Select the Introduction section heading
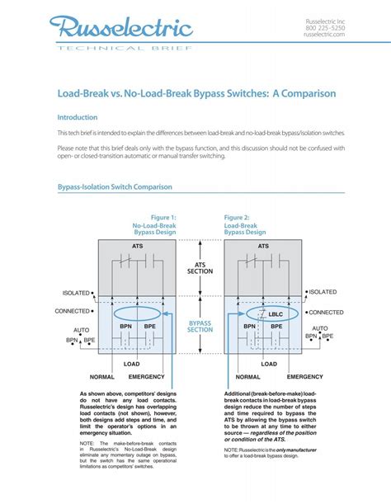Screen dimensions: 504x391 [x=77, y=117]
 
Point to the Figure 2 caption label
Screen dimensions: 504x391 [x=238, y=218]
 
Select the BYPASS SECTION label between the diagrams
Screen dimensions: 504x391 [x=200, y=326]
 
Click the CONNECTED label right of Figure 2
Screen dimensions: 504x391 [x=326, y=313]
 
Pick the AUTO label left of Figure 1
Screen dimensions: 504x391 [x=81, y=329]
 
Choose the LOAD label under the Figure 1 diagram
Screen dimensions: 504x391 [x=131, y=363]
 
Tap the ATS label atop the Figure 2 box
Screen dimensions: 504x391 [x=263, y=246]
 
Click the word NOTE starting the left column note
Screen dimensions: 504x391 [x=88, y=443]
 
